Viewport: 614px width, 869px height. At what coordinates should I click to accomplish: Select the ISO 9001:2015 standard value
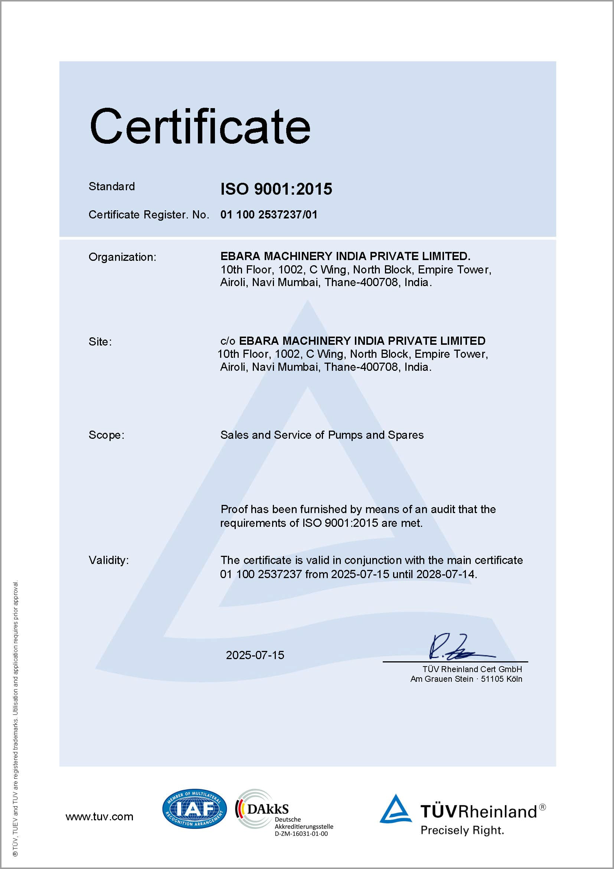pos(276,189)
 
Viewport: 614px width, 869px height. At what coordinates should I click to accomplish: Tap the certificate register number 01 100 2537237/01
pos(269,215)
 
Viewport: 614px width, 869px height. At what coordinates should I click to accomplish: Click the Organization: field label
pos(122,257)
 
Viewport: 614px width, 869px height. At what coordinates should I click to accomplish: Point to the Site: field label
pos(100,342)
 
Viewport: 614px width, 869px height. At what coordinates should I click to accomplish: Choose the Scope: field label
pos(106,435)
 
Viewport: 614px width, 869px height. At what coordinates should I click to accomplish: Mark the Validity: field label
pos(108,560)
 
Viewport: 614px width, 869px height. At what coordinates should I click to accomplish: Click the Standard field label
pos(111,186)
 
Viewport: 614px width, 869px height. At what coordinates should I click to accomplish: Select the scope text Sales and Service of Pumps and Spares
pos(322,435)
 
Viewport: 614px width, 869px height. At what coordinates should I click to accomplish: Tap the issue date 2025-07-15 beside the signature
pos(255,655)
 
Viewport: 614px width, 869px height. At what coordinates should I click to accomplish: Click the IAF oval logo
pos(194,809)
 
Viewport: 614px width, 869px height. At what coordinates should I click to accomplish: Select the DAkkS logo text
pos(268,809)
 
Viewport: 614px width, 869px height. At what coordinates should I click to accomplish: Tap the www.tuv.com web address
pos(99,817)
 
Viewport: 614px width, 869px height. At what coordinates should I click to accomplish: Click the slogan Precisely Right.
pos(462,830)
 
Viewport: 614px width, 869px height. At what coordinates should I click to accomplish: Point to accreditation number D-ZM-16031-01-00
pos(301,834)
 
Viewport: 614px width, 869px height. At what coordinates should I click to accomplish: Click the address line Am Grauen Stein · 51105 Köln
pos(466,679)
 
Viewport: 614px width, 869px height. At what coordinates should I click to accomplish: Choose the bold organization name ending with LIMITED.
pos(345,256)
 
